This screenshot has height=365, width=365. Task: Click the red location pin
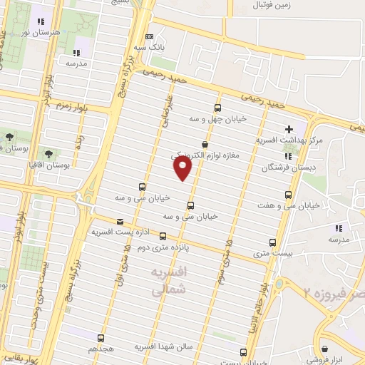coord(183,168)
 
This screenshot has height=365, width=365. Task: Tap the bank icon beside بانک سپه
coord(148,36)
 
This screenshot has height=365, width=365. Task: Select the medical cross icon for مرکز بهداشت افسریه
coord(289,129)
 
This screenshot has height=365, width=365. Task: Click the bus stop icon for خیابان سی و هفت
coord(289,194)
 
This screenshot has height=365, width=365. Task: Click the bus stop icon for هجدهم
coord(101,338)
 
